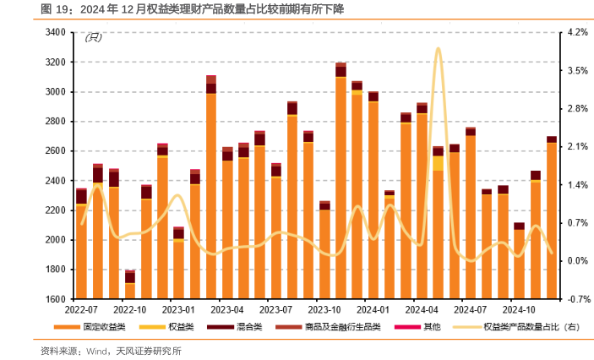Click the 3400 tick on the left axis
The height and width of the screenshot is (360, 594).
(x=55, y=32)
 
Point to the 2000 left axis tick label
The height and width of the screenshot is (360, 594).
(x=55, y=240)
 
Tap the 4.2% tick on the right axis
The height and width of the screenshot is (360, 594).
(x=578, y=32)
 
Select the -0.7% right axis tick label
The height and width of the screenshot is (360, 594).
(x=578, y=299)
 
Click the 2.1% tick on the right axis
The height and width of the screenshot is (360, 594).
(x=578, y=147)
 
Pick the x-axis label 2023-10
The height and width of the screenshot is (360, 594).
(x=324, y=309)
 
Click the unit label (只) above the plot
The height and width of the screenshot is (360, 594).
(x=94, y=38)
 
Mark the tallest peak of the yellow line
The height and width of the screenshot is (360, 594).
(x=438, y=49)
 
